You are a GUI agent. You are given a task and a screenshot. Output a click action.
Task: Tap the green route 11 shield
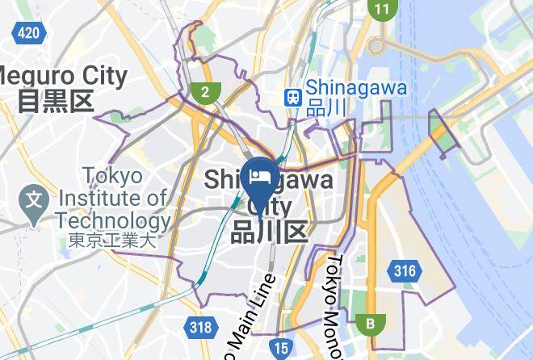click(381, 10)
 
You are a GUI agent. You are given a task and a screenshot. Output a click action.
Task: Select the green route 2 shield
click(206, 91)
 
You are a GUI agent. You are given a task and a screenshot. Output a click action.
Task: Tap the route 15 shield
click(280, 349)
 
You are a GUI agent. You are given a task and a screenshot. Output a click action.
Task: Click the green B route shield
click(371, 324)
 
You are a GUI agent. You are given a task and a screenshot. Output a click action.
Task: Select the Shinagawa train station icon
click(292, 96)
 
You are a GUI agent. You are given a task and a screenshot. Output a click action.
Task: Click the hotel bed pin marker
click(259, 178)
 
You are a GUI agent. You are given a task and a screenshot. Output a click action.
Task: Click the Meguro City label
click(65, 77)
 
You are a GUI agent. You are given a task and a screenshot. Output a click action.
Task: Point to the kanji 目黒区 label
click(57, 101)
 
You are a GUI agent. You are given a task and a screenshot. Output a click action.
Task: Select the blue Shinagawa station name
click(356, 88)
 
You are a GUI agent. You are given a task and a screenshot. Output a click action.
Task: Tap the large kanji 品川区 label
click(270, 232)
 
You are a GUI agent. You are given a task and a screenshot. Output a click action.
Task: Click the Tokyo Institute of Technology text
click(113, 199)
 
